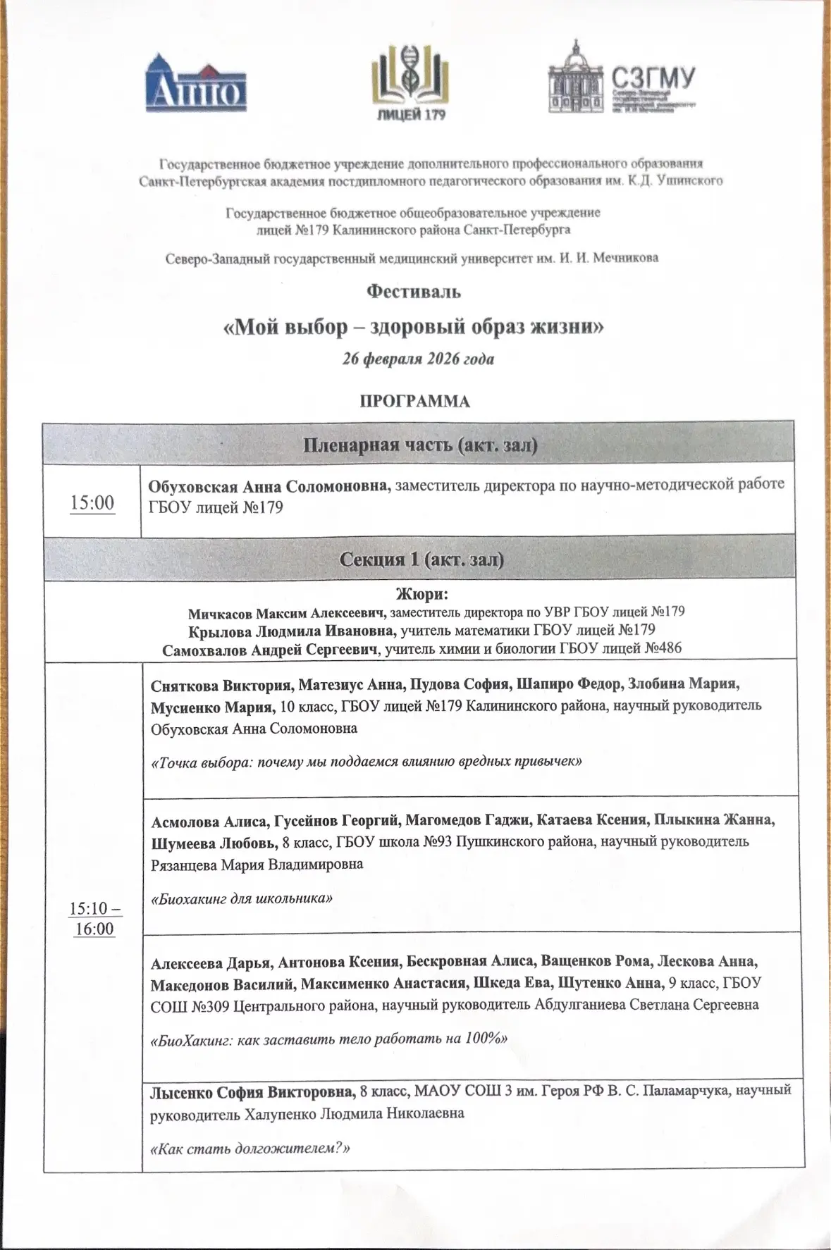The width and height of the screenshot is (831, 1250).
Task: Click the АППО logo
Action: coord(196,83)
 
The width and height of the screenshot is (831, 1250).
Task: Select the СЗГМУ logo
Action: coord(622,78)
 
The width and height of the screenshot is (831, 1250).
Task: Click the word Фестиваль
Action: coord(414,290)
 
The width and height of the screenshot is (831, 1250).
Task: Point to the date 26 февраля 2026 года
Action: coord(418,359)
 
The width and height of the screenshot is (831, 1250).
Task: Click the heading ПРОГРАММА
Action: coord(414,402)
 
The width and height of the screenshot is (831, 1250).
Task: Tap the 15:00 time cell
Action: coord(92,502)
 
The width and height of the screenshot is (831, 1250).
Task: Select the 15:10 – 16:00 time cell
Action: coord(94,919)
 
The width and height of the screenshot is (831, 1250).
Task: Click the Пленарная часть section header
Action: coord(420,445)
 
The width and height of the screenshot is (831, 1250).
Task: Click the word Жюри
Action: coord(422,594)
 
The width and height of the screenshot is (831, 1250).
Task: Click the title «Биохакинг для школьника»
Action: coord(242,898)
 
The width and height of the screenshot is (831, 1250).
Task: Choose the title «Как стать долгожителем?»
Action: coord(251,1148)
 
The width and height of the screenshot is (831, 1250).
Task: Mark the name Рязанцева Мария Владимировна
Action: coord(257,864)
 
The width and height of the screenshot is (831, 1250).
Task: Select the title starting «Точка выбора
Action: coord(367,762)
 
